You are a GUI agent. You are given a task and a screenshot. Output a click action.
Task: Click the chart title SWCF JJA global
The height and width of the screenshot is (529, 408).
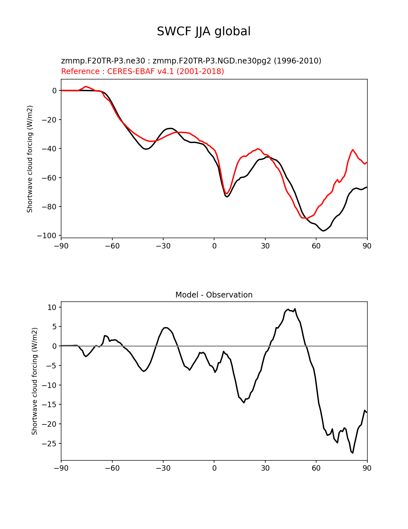click(x=204, y=31)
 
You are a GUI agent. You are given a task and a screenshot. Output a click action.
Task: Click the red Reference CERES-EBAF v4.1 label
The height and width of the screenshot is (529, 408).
click(x=142, y=71)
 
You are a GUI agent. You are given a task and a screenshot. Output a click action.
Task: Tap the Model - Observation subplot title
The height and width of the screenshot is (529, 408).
click(x=214, y=295)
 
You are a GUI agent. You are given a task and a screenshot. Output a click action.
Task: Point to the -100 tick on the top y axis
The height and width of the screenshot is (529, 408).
click(x=47, y=236)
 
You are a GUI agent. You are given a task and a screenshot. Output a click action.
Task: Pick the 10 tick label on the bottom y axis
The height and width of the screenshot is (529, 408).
click(x=52, y=307)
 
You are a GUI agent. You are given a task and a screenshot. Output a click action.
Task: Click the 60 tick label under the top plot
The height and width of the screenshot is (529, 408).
click(x=316, y=246)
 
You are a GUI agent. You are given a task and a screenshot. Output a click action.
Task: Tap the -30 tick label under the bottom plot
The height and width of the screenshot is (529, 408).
click(x=163, y=468)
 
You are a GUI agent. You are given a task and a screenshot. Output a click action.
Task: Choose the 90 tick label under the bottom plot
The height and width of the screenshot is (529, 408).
click(x=367, y=468)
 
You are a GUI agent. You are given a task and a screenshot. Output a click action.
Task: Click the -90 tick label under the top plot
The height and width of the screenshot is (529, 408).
click(x=61, y=246)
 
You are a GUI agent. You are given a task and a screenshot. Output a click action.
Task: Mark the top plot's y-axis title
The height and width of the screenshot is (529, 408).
click(x=30, y=159)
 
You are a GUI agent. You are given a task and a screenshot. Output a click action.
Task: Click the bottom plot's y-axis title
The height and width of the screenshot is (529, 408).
click(x=35, y=381)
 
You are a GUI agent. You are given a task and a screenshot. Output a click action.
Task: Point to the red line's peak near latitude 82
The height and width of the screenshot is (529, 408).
click(x=353, y=150)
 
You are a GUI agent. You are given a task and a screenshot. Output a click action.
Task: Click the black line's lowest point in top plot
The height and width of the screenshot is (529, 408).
click(x=324, y=231)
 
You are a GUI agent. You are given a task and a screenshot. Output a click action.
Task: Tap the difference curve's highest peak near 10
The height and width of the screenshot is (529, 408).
click(x=295, y=309)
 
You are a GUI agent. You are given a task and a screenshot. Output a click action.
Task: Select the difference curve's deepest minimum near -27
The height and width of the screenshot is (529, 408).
click(x=353, y=453)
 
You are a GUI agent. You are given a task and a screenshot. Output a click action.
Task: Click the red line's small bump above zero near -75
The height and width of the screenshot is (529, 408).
click(x=86, y=87)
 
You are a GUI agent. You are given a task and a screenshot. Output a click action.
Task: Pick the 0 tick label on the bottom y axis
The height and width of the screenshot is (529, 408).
click(x=54, y=346)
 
